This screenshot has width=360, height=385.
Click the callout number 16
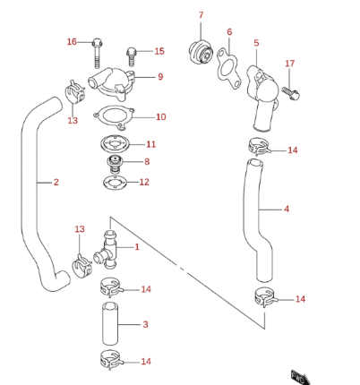[73, 42]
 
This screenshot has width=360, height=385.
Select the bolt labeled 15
[133, 54]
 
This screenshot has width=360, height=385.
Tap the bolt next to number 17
[294, 89]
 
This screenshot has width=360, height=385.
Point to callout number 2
[56, 183]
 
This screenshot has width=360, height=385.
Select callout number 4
[287, 210]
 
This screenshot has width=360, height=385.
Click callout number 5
[256, 42]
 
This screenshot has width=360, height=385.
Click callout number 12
[144, 183]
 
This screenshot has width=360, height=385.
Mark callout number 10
[160, 117]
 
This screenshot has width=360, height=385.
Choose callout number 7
[201, 15]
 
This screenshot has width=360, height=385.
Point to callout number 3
[145, 324]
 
